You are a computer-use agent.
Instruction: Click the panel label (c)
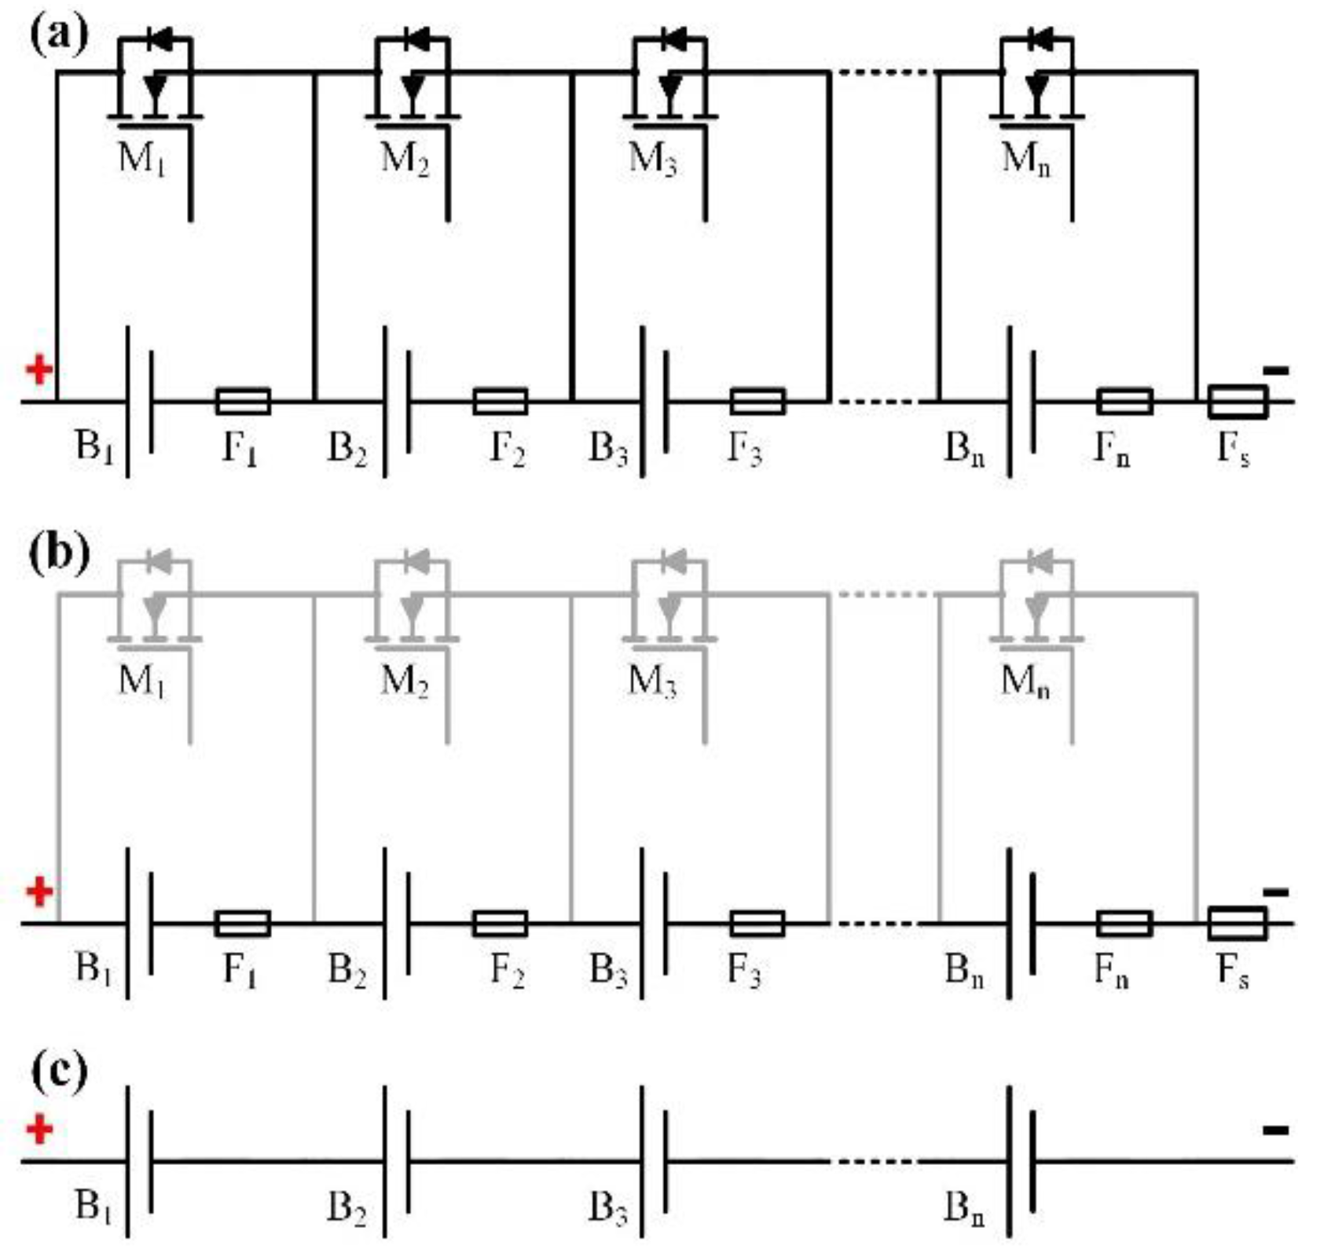[x=58, y=1071]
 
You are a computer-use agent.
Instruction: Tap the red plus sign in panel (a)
[x=39, y=369]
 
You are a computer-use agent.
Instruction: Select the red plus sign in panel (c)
[x=39, y=1130]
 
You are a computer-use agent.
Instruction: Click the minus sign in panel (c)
[x=1275, y=1130]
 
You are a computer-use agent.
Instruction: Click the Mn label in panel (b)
[x=1025, y=681]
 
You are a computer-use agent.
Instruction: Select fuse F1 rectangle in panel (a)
[x=243, y=401]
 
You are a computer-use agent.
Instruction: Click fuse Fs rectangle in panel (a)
[x=1237, y=401]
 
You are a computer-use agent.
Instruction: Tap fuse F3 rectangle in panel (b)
[x=757, y=923]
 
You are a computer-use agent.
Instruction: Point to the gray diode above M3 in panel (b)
[x=673, y=560]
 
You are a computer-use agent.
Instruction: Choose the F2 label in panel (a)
[x=508, y=450]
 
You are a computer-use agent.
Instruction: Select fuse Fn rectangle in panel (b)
[x=1124, y=923]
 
